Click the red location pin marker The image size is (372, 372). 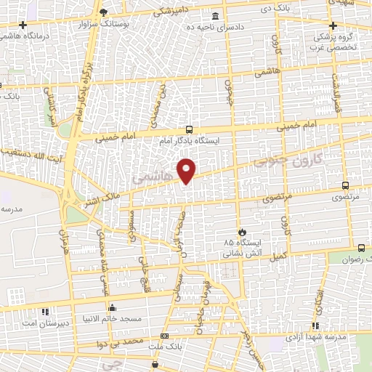click(187, 170)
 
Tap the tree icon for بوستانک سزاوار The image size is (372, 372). click(104, 12)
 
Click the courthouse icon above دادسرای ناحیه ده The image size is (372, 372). click(214, 17)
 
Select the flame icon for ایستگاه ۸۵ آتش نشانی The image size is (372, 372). click(243, 232)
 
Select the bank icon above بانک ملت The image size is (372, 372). click(165, 336)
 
